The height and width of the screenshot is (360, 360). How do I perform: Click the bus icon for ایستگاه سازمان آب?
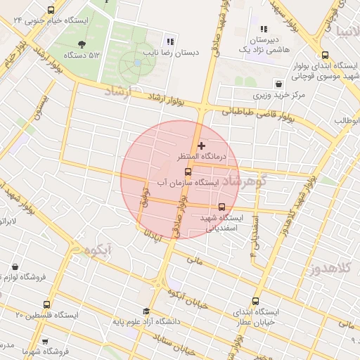(188, 172)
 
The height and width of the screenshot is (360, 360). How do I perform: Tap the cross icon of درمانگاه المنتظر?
(202, 146)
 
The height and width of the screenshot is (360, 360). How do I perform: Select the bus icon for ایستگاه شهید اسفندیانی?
(222, 207)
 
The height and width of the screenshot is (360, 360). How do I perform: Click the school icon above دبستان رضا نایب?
(169, 41)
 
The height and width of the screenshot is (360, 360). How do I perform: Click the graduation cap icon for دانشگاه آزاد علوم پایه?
(146, 311)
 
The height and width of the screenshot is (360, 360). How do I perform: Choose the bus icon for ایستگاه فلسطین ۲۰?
(47, 305)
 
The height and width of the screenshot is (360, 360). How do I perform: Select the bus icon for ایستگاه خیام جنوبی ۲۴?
(51, 11)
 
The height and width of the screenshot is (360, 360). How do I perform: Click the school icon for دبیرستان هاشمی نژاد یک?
(264, 30)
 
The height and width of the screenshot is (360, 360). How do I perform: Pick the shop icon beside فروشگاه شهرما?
(45, 340)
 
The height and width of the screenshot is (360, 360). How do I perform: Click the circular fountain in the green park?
(136, 63)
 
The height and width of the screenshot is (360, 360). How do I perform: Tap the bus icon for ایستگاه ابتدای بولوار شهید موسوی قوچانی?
(324, 56)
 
